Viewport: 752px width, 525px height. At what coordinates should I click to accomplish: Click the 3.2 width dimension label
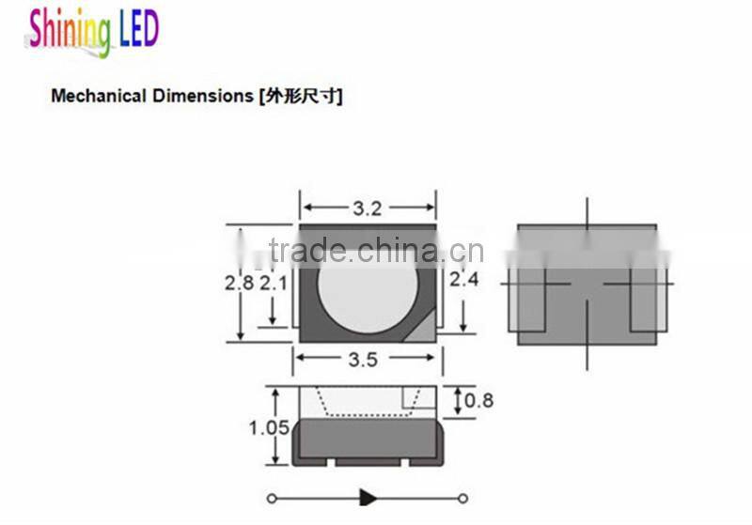pos(367,208)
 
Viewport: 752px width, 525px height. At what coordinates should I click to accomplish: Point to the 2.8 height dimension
pos(240,282)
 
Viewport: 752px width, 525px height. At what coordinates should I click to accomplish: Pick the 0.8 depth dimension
pos(479,401)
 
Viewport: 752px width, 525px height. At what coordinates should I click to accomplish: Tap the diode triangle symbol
pos(368,498)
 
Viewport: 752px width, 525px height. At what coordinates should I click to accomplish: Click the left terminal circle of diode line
pos(272,498)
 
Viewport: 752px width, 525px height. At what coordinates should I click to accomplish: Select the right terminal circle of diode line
pos(462,498)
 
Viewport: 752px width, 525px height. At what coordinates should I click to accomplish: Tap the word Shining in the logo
pos(70,30)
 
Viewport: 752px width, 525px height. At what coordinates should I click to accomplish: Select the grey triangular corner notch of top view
pos(425,328)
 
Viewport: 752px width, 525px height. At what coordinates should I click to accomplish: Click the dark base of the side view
pos(367,442)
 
